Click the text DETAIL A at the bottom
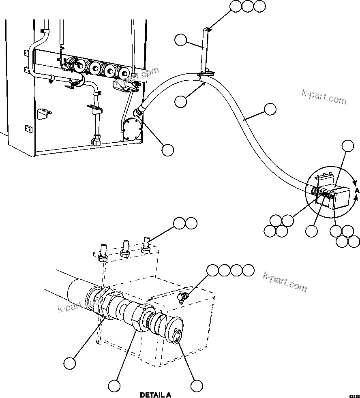[x=155, y=395]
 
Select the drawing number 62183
[x=354, y=395]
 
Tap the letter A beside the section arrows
[x=357, y=190]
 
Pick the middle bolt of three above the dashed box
[x=125, y=248]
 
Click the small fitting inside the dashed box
[x=182, y=298]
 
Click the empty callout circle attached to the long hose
[x=270, y=109]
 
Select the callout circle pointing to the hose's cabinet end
[x=167, y=150]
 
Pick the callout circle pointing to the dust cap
[x=197, y=385]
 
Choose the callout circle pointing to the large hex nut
[x=115, y=385]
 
